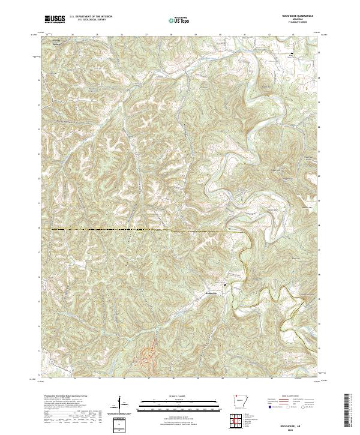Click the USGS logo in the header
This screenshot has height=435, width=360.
(55, 19)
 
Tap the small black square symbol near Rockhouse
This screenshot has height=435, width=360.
(226, 285)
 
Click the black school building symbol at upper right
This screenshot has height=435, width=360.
(292, 54)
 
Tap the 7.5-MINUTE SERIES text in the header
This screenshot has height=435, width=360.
(298, 23)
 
